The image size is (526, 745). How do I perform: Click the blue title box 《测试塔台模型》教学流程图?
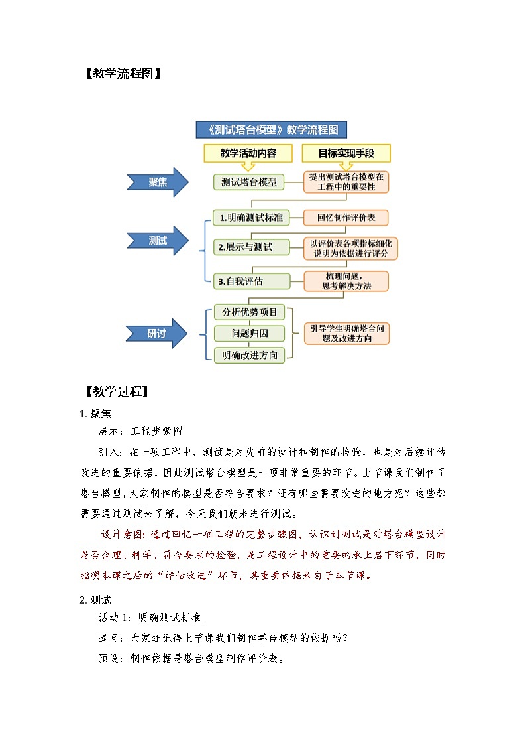[x=272, y=129]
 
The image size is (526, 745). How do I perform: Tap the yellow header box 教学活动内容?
[x=248, y=153]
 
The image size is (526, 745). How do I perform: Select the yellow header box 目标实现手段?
[x=346, y=153]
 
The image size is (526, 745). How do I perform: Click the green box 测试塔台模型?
[x=249, y=182]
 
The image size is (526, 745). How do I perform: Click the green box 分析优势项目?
[x=249, y=312]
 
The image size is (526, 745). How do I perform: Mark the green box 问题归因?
[x=249, y=334]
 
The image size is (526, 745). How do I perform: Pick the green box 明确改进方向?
[x=249, y=355]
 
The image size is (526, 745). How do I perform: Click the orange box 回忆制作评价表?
[x=346, y=218]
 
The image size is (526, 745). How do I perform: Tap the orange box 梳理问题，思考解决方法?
[x=346, y=281]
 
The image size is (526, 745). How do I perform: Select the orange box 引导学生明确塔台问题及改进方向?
[x=346, y=333]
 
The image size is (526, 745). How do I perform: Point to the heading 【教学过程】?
[x=116, y=391]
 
